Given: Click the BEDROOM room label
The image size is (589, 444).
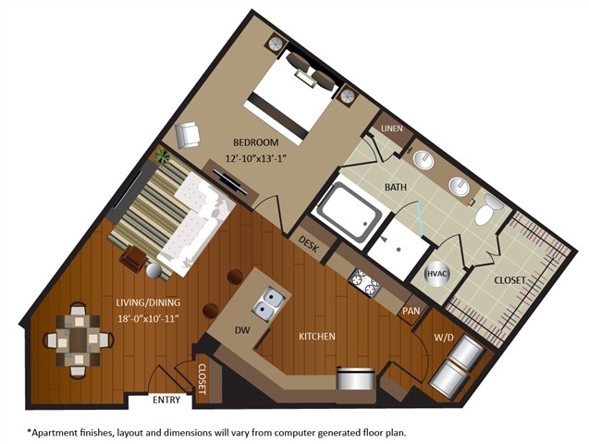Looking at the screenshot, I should coord(252,143).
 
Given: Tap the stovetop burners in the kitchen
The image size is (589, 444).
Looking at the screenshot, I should coord(363,280).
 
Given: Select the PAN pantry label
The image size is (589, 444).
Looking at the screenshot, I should coord(411,312).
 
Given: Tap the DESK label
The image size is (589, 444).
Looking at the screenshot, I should coord(309,242).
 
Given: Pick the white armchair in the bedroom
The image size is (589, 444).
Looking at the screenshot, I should coord(189,137).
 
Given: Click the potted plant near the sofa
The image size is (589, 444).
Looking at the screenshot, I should coord(163,156).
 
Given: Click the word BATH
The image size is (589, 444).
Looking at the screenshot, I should coord(396,188).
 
